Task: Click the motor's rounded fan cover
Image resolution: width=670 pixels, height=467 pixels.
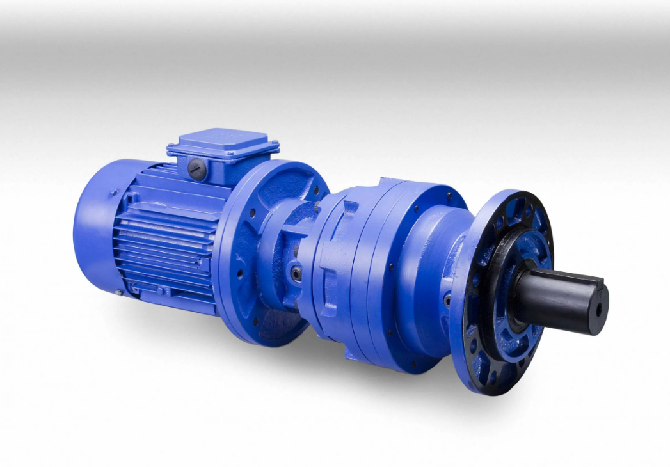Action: (96, 224)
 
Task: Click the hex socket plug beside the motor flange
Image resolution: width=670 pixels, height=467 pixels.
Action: (296, 273)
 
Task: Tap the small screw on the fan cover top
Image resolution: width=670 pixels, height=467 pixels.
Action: (115, 191)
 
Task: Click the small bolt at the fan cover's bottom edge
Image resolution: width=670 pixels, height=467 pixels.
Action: (118, 292)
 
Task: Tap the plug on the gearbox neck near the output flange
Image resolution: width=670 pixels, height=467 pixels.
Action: (447, 299)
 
